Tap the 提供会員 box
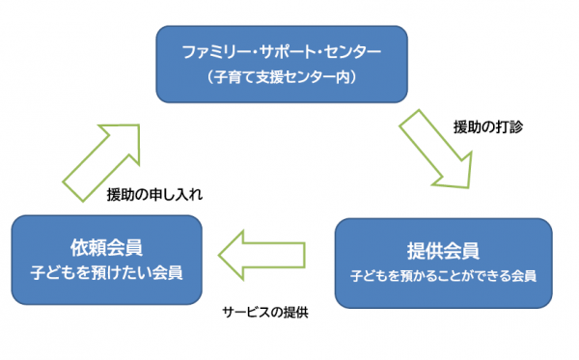[443, 262]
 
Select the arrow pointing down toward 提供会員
[440, 150]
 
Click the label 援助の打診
[487, 126]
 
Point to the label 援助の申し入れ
[154, 194]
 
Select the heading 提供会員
[443, 251]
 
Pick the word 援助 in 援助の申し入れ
[122, 194]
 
